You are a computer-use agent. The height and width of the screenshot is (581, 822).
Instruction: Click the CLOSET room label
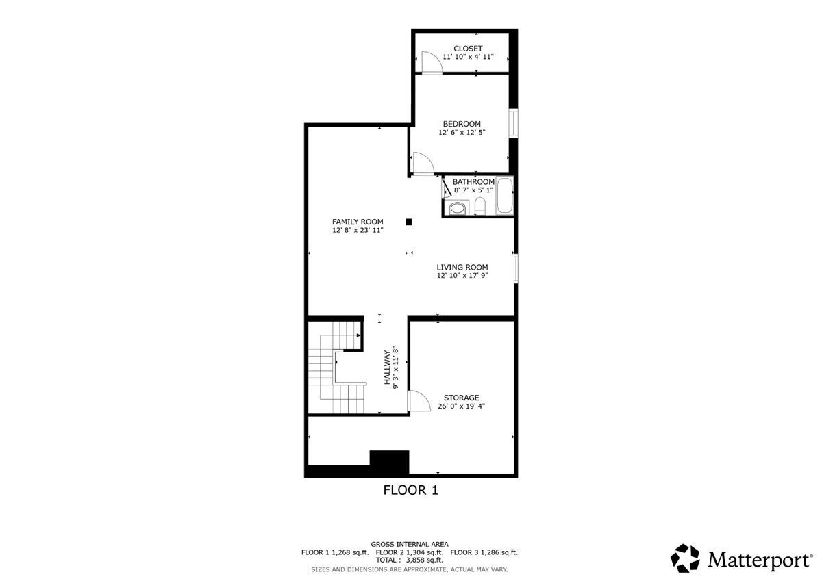[x=468, y=49]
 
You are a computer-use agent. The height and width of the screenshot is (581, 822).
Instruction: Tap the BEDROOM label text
[x=461, y=124]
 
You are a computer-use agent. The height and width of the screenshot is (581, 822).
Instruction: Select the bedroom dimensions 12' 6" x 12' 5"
[x=461, y=133]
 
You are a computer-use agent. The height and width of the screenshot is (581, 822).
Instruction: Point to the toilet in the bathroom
[x=480, y=206]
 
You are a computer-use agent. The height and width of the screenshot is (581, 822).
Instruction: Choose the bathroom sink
[x=457, y=208]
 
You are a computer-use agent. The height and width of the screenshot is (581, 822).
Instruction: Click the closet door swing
[x=430, y=62]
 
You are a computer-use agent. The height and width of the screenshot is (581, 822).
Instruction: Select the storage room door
[x=415, y=400]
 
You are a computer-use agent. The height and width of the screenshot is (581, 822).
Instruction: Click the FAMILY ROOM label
[x=358, y=222]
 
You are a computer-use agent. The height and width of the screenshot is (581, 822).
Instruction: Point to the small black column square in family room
[x=409, y=222]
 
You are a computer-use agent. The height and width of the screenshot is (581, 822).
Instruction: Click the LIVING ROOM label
[x=462, y=267]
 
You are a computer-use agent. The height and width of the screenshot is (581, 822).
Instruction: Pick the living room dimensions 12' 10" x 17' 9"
[x=462, y=276]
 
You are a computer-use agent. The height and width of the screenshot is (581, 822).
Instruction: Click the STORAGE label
[x=461, y=398]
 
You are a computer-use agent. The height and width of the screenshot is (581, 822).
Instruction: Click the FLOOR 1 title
[x=410, y=490]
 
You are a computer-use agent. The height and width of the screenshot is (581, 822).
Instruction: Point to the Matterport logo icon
[x=684, y=558]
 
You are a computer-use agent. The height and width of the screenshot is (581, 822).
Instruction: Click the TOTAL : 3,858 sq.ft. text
[x=410, y=560]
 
